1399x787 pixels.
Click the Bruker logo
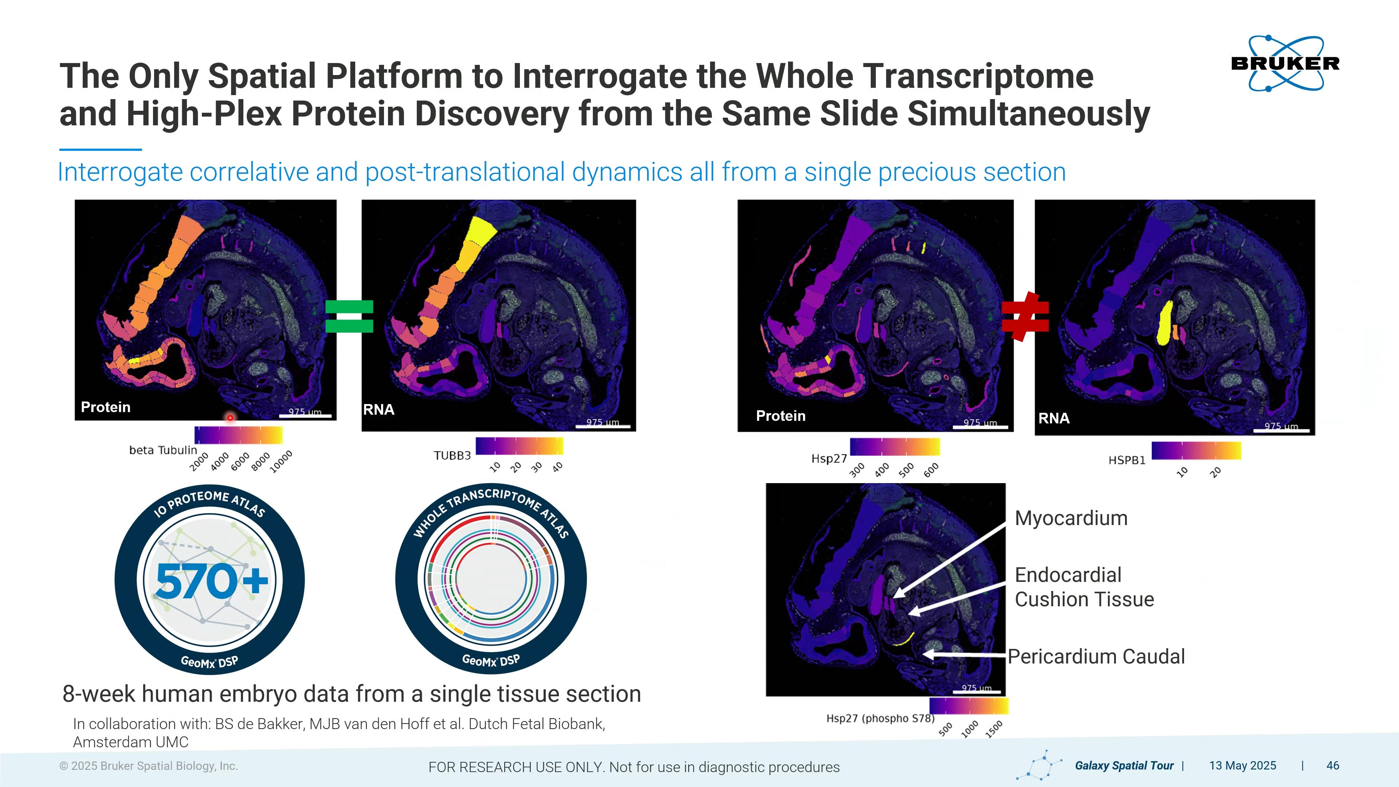click(x=1285, y=63)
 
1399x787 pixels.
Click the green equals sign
click(x=349, y=316)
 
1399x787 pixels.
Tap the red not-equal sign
click(x=1025, y=317)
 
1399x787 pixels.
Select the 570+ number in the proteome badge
click(x=212, y=581)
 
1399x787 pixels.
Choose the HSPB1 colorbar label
click(x=1127, y=460)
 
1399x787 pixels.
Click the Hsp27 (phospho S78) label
click(x=880, y=718)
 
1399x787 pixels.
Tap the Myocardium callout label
click(x=1071, y=518)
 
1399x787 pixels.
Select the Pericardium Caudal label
click(x=1097, y=656)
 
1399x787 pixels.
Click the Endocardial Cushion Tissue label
click(x=1084, y=587)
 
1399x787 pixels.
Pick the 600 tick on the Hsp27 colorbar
click(x=931, y=470)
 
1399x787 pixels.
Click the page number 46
click(x=1333, y=765)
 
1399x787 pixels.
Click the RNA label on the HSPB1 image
click(x=1054, y=418)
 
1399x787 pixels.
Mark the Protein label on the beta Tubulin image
click(x=105, y=407)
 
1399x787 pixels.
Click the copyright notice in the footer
click(x=149, y=766)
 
